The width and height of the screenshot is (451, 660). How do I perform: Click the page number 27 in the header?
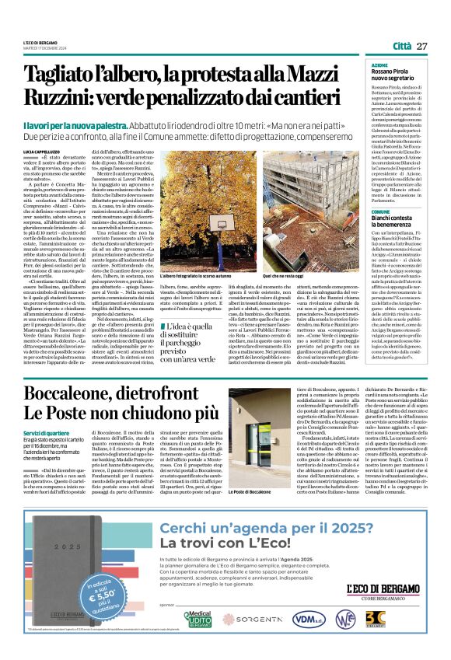click(x=421, y=46)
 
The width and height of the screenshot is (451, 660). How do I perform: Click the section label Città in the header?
click(x=401, y=46)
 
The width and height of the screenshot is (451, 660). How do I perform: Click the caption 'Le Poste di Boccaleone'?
click(x=273, y=515)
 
